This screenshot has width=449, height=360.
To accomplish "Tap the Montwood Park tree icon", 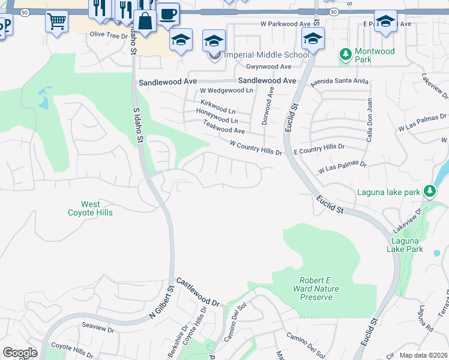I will click(346, 55).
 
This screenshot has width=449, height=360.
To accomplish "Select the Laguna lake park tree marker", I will click(429, 191).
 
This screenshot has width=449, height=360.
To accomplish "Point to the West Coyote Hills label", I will click(91, 209).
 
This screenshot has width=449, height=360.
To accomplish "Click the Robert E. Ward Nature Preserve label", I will click(319, 289).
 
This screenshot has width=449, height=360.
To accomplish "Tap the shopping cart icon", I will click(56, 22).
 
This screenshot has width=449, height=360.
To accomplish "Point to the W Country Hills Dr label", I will click(256, 148).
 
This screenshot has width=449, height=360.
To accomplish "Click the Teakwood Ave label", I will click(224, 126).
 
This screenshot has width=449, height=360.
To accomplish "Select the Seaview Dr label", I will click(98, 329).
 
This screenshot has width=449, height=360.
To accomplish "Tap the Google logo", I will click(20, 353).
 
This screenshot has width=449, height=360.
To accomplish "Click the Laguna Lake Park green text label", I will click(405, 245).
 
